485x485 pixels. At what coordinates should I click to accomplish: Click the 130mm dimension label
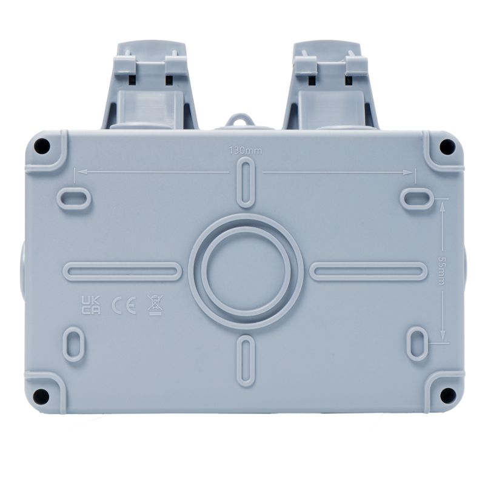click(245, 151)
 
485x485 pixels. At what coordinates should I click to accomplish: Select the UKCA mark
click(90, 305)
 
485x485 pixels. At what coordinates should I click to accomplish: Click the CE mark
click(124, 306)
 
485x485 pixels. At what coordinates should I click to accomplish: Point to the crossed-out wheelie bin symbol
click(156, 305)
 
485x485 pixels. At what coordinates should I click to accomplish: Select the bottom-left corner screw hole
click(41, 396)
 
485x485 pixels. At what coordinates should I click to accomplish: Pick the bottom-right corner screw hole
click(447, 395)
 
